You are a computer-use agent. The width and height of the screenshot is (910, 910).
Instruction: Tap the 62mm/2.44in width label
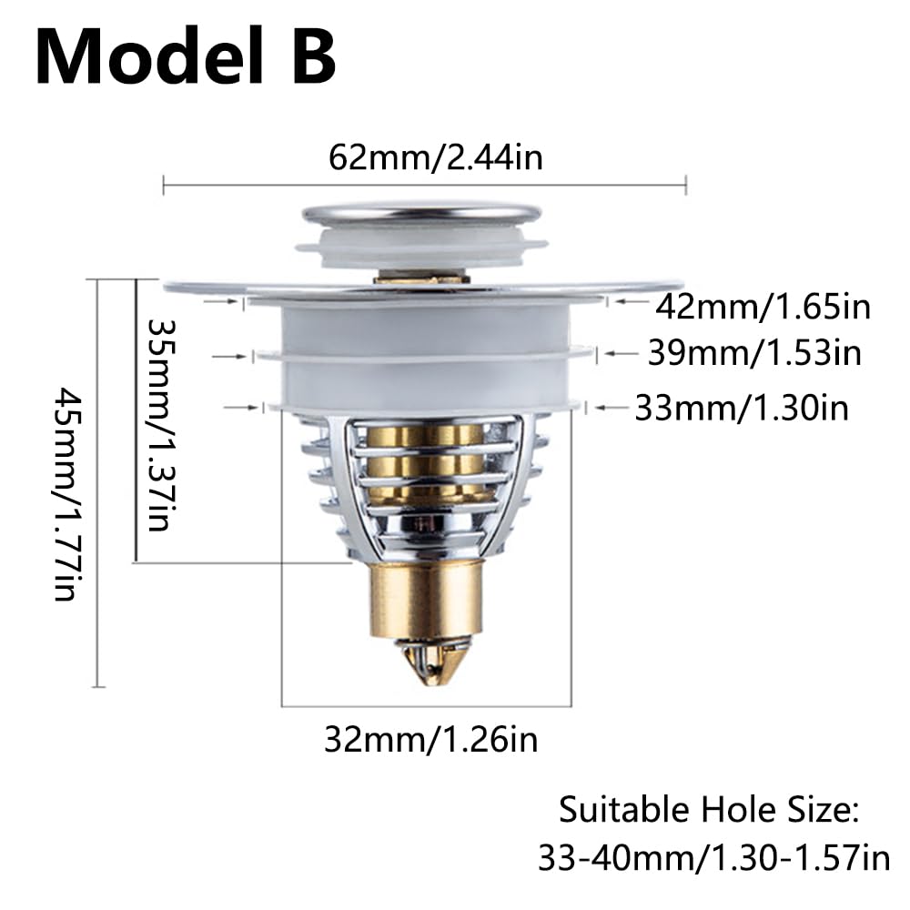[436, 157]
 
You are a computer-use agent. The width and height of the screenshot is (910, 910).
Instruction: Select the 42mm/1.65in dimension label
[763, 307]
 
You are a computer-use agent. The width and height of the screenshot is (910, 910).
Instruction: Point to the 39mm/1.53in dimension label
[754, 352]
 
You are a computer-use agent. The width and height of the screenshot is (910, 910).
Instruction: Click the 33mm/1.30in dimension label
[742, 408]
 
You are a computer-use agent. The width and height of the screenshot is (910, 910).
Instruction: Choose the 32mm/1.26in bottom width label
[430, 739]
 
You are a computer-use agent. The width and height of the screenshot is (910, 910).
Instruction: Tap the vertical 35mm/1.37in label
[160, 425]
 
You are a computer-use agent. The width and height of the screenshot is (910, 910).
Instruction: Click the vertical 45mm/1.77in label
[66, 494]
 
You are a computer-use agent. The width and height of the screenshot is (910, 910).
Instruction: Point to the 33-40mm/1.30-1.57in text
[713, 857]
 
